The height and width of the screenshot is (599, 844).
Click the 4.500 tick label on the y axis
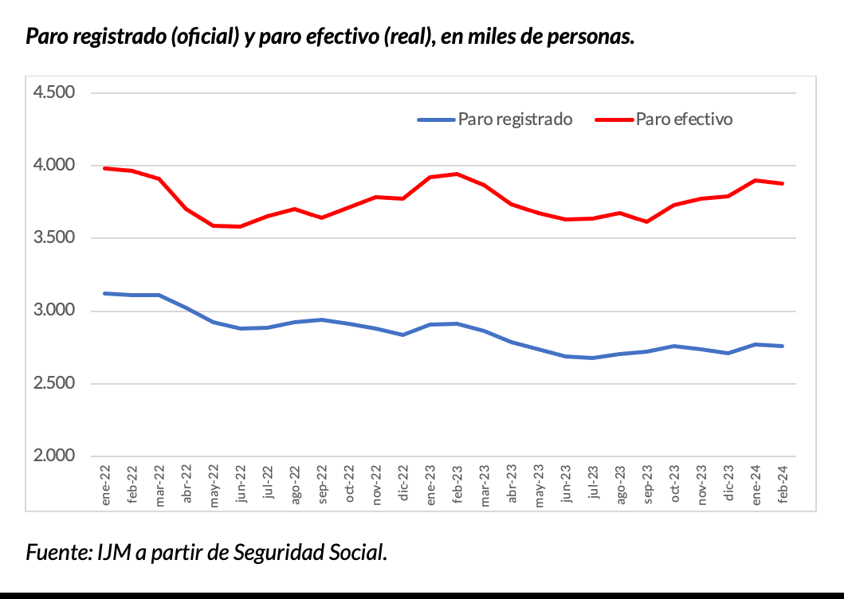tap(53, 92)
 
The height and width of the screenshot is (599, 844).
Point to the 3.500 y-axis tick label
tap(53, 238)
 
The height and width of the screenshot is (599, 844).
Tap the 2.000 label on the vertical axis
tap(53, 456)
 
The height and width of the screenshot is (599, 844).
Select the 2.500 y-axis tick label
tap(53, 384)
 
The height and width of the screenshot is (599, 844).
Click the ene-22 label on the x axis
tap(106, 484)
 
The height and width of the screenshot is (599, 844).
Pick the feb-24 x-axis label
tap(783, 484)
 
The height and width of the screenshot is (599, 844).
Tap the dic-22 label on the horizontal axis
tap(403, 484)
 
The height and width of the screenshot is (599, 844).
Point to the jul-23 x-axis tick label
tap(593, 484)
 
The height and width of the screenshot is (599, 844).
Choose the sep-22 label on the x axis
tap(322, 484)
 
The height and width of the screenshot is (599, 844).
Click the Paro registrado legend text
tap(515, 119)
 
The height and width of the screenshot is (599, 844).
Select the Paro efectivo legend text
tap(684, 119)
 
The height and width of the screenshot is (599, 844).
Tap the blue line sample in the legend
tap(436, 120)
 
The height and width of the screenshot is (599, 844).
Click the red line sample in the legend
tap(614, 120)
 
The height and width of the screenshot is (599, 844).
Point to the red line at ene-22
tap(106, 168)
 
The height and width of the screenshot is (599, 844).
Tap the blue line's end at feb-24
tap(783, 346)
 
